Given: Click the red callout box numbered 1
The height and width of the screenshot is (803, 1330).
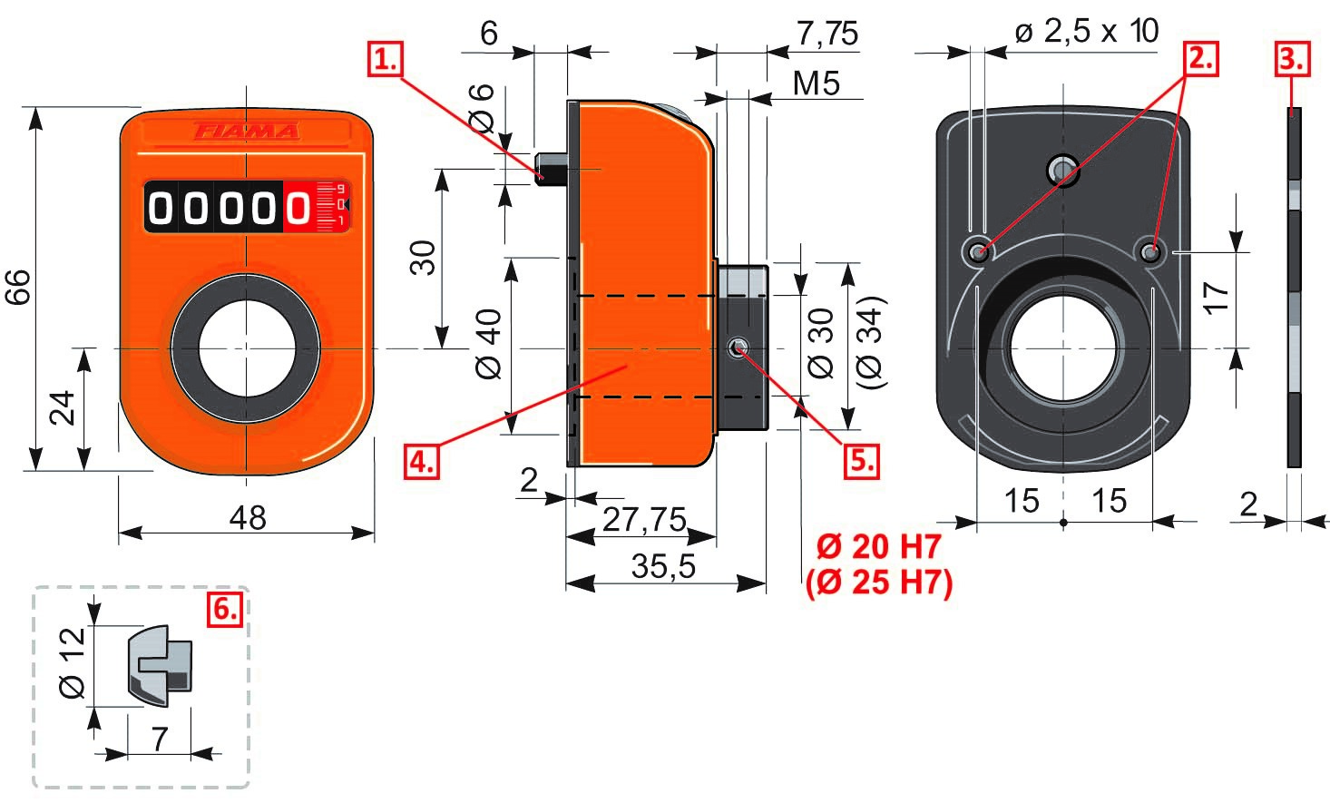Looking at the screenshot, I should (x=386, y=61).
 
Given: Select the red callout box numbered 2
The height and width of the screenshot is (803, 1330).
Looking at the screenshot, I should (x=1199, y=59).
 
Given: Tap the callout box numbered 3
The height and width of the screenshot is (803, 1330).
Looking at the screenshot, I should (x=1292, y=60).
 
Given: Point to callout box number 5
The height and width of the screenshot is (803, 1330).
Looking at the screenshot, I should (x=861, y=461).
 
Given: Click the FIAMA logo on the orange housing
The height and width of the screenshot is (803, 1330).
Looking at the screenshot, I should (x=247, y=132).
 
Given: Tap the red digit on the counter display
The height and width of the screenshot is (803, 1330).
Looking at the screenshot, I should (x=298, y=209).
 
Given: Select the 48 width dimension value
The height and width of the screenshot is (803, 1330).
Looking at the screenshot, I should (x=247, y=518).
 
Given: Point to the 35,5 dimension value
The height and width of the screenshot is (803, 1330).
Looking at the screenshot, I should (x=663, y=567).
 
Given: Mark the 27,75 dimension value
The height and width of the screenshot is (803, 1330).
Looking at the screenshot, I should (x=644, y=520).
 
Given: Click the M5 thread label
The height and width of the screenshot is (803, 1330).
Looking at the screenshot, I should (x=816, y=84).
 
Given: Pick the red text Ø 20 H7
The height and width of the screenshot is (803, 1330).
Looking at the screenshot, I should (x=878, y=547).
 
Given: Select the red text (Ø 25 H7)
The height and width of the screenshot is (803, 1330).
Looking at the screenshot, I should (x=878, y=582).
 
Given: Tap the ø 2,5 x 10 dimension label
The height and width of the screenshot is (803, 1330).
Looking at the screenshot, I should (x=1086, y=32).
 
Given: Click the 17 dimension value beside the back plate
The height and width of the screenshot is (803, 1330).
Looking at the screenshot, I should (x=1216, y=298).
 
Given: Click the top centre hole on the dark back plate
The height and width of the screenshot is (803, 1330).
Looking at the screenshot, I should (x=1062, y=169).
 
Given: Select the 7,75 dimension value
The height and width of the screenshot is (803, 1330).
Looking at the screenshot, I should (x=826, y=34).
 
